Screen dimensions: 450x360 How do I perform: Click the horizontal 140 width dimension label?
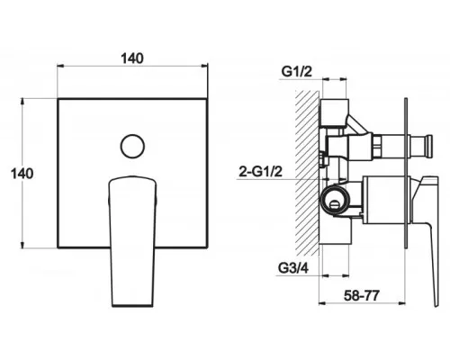pos(132,58)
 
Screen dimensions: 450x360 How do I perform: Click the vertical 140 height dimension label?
pos(22,174)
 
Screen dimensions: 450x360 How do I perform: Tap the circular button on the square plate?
pos(132,146)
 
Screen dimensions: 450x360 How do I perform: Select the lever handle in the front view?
pos(132,241)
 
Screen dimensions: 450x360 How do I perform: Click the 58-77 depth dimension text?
pos(362,296)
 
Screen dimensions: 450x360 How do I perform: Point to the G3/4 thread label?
pos(293,268)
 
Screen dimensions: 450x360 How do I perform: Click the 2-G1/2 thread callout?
pos(261,172)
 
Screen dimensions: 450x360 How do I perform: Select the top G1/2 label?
pos(297,72)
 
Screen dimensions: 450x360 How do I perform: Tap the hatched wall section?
pos(307,173)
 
